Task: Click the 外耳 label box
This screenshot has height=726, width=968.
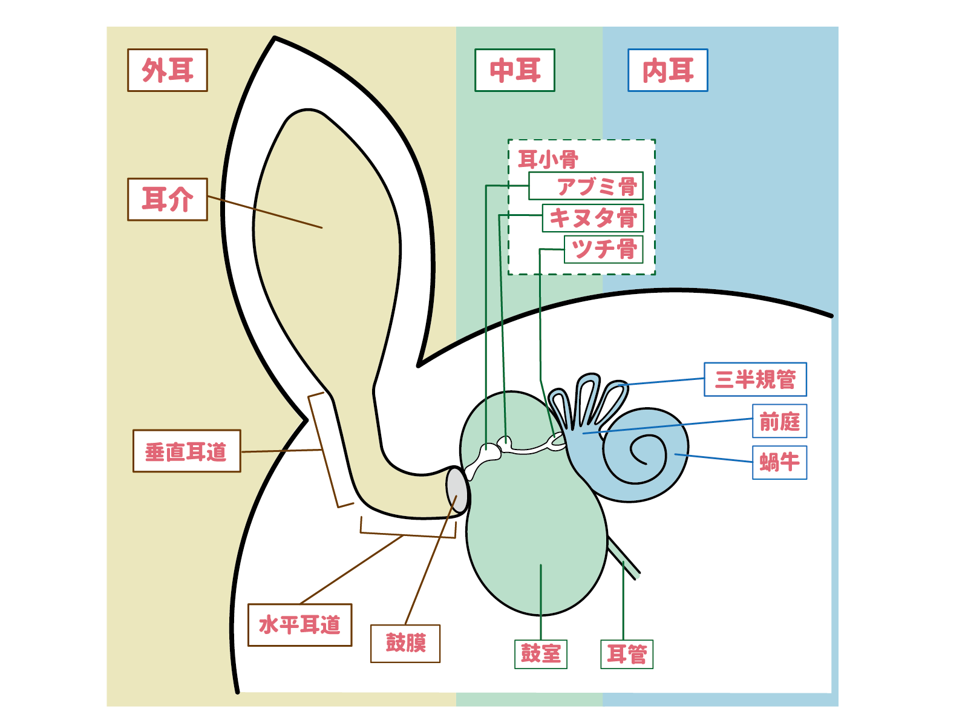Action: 168,70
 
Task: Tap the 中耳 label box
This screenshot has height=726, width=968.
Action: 515,70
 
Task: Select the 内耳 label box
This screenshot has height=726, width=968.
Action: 668,70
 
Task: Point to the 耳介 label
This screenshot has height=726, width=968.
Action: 168,200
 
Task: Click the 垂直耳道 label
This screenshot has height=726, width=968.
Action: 186,451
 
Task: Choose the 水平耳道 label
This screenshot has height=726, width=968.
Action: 300,625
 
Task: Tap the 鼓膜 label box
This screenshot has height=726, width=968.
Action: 405,643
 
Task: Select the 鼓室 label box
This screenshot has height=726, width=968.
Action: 541,654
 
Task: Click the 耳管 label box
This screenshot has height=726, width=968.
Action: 627,654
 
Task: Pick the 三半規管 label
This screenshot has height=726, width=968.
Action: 755,379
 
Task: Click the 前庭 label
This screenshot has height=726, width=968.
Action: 779,421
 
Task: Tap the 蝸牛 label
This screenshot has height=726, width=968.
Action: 779,463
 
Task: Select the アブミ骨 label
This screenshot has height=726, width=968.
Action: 586,186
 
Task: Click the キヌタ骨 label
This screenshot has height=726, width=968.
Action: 593,218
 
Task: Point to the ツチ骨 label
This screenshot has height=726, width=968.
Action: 603,249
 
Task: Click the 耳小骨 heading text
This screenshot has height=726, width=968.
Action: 548,160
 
